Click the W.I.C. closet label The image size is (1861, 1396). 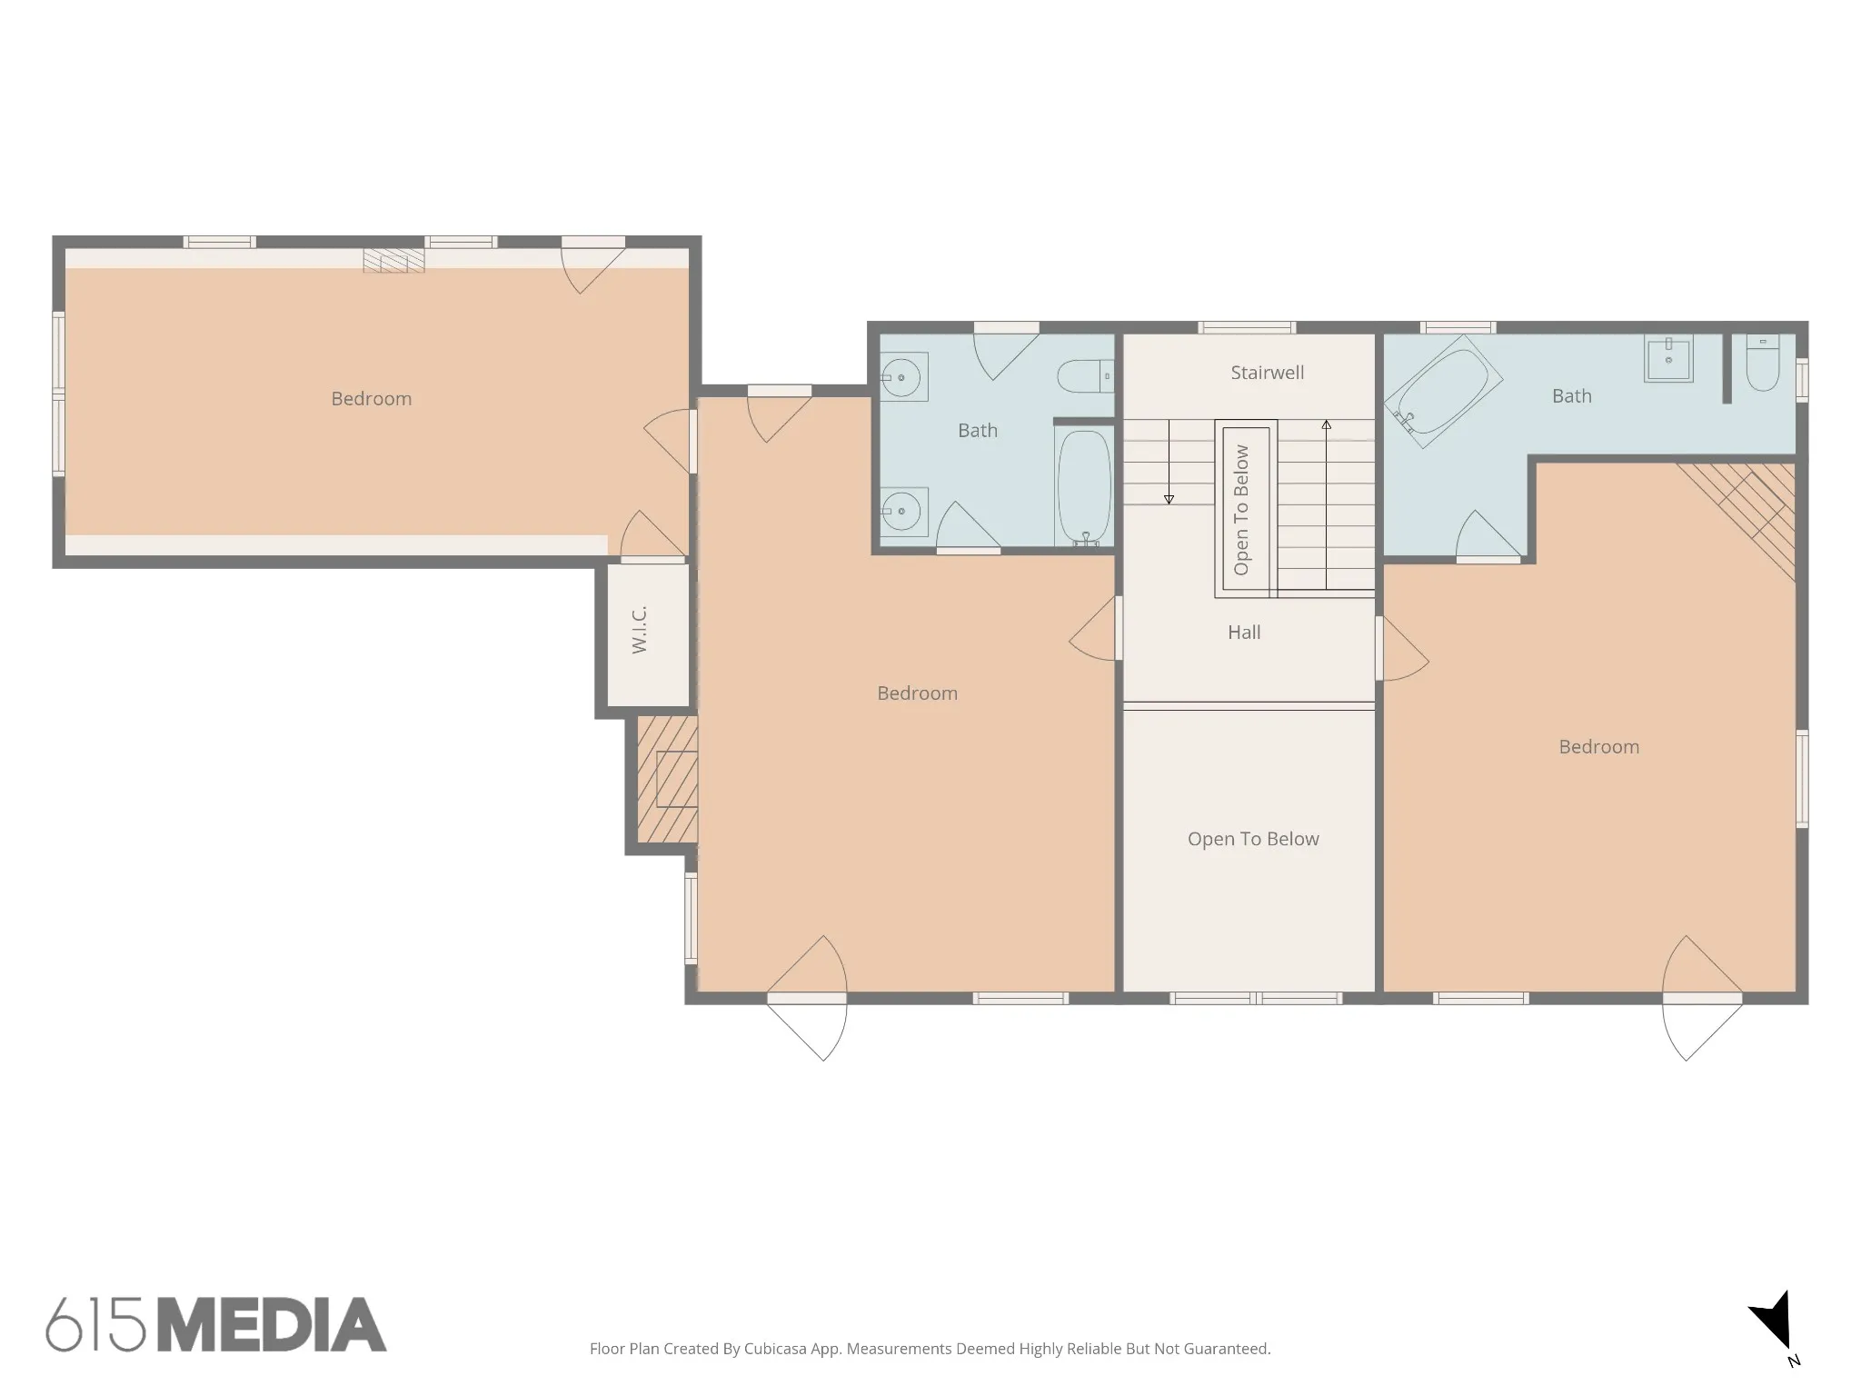tap(640, 629)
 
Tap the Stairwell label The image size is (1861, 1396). tap(1267, 373)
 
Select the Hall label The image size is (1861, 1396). tap(1244, 633)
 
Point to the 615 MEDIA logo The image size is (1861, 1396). tap(216, 1324)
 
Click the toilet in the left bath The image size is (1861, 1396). tap(1085, 374)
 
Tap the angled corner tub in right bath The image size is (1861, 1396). tap(1442, 392)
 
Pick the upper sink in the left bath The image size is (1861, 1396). tap(903, 376)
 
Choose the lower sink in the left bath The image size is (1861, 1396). tap(903, 511)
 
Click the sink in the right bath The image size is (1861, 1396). tap(1668, 358)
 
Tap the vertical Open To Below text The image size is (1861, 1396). tap(1241, 510)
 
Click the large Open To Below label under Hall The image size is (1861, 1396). tap(1253, 839)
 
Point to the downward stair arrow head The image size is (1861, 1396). tap(1169, 499)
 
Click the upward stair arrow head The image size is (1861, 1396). tap(1327, 424)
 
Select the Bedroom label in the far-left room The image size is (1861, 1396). tap(372, 399)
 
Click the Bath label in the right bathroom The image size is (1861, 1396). tap(1572, 396)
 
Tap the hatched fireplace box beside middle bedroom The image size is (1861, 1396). tap(667, 780)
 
